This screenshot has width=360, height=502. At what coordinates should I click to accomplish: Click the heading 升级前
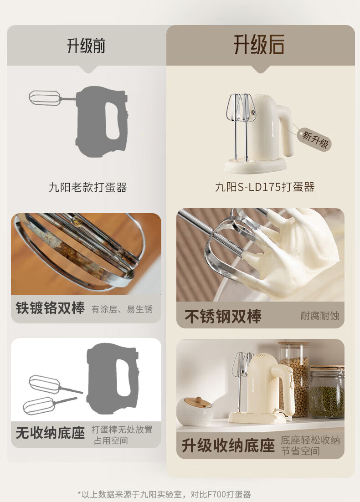pyautogui.click(x=86, y=46)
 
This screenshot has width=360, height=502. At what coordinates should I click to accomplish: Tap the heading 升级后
pyautogui.click(x=259, y=45)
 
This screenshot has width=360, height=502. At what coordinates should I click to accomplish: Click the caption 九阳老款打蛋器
pyautogui.click(x=88, y=187)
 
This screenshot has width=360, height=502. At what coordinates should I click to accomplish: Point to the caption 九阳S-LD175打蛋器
pyautogui.click(x=265, y=187)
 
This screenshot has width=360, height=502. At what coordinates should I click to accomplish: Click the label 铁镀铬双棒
pyautogui.click(x=50, y=308)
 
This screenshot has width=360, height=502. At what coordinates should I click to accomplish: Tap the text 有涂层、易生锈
pyautogui.click(x=122, y=309)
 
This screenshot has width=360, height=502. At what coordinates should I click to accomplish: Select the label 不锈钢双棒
pyautogui.click(x=223, y=316)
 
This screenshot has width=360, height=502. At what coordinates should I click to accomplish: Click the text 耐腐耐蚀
pyautogui.click(x=319, y=316)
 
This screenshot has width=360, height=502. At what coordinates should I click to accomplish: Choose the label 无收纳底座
pyautogui.click(x=50, y=433)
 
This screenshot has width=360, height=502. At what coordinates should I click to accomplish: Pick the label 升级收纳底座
pyautogui.click(x=228, y=446)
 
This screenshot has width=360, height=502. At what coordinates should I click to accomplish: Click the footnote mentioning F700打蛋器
pyautogui.click(x=165, y=494)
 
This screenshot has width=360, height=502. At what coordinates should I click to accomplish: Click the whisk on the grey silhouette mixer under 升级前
pyautogui.click(x=47, y=97)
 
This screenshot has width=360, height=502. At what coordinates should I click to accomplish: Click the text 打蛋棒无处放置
pyautogui.click(x=122, y=430)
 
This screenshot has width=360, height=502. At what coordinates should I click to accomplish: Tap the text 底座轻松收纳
pyautogui.click(x=310, y=440)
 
